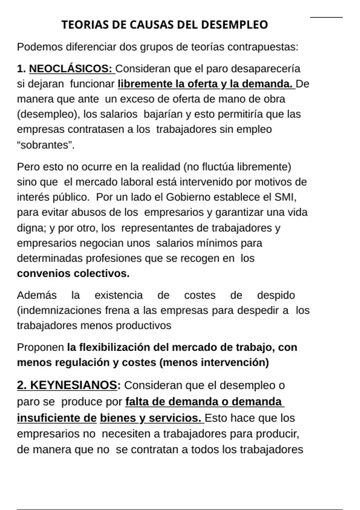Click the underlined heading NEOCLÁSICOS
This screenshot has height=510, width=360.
70,69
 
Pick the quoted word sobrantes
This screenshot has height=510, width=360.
45,145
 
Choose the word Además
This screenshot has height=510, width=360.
37,295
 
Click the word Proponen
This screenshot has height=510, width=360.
40,347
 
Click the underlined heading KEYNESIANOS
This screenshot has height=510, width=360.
73,385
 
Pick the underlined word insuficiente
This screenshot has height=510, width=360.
57,418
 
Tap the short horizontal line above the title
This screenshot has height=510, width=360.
326,17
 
